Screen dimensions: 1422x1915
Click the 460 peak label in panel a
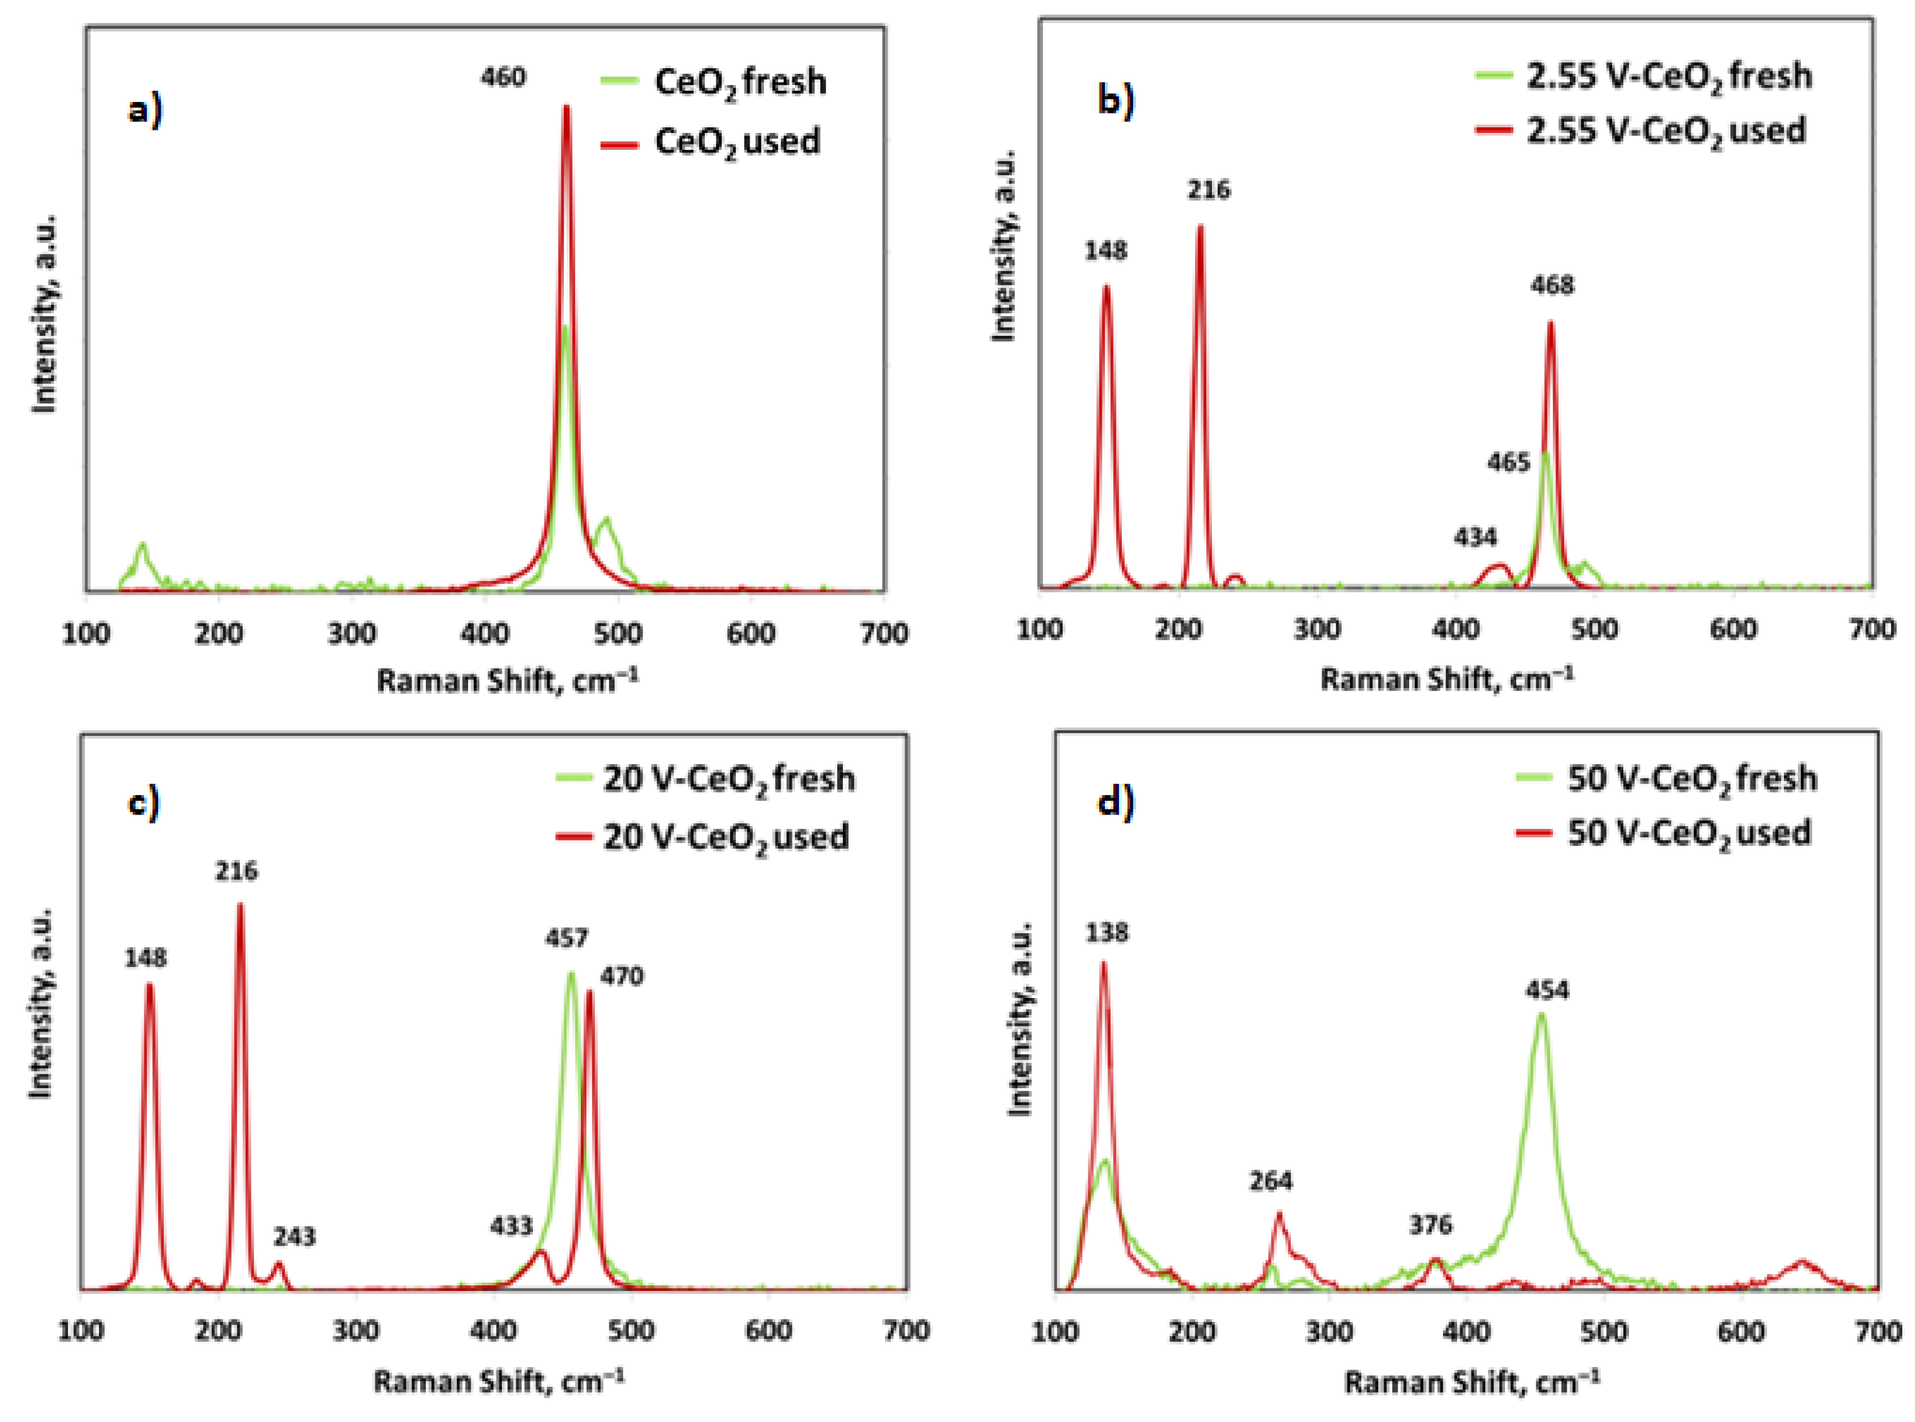tap(503, 77)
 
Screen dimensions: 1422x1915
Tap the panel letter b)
tap(1116, 101)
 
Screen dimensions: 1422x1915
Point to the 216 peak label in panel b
tap(1208, 190)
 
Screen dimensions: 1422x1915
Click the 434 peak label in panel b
tap(1475, 538)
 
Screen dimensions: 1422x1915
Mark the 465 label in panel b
tap(1508, 463)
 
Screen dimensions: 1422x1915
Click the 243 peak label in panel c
tap(294, 1237)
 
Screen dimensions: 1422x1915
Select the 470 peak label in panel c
tap(621, 976)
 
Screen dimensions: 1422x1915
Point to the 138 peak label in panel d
tap(1107, 932)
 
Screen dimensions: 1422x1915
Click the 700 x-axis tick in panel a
tap(884, 634)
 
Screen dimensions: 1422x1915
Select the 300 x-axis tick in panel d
tap(1329, 1332)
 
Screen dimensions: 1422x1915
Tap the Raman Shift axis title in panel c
tap(498, 1382)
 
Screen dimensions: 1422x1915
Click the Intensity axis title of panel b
tap(1003, 247)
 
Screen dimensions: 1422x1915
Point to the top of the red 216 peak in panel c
tap(240, 905)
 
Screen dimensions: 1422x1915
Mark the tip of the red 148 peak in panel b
tap(1106, 287)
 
